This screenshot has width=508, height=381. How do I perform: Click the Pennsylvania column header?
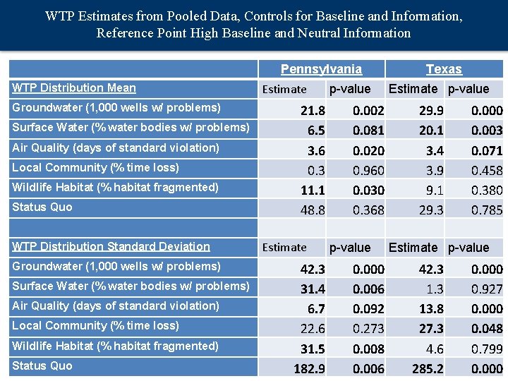point(321,69)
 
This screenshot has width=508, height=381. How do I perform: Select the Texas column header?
point(444,69)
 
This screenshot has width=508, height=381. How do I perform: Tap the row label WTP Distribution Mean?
point(74,88)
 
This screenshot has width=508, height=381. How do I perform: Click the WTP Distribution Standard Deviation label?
point(111,247)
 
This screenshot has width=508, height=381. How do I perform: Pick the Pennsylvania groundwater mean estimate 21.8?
point(313,111)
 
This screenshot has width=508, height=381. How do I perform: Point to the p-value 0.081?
point(368,131)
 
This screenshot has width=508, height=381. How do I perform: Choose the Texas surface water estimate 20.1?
point(431,131)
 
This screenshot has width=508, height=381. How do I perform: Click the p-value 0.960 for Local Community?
point(368,171)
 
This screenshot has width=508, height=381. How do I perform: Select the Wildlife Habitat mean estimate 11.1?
point(313,190)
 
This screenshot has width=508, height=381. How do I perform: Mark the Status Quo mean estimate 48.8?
point(313,210)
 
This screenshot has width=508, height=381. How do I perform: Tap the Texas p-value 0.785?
point(487,210)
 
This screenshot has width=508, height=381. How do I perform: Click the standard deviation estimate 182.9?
point(309,369)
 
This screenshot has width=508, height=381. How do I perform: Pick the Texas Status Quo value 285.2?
point(428,369)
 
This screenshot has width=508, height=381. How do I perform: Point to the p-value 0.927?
point(487,289)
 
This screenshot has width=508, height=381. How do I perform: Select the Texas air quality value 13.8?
point(431,309)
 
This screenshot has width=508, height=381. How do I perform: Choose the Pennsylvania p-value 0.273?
point(368,329)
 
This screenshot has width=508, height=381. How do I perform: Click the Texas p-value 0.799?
point(487,349)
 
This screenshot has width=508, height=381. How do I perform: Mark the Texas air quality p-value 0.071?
point(487,151)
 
